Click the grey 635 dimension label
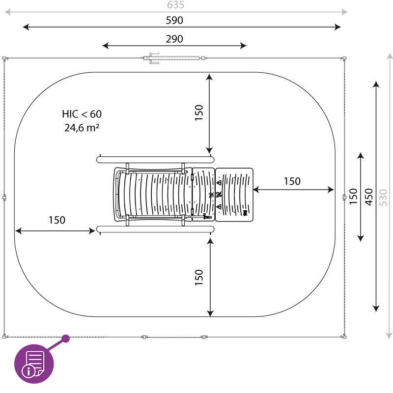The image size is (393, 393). pos(175,5)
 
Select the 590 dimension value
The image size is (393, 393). pos(174,20)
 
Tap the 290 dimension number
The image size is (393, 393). pos(174,39)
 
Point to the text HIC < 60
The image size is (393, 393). pos(82,114)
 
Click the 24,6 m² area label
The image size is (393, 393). pos(82,128)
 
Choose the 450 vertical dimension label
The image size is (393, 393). pos(369,197)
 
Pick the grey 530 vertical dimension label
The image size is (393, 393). pos(383,198)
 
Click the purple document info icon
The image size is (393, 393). pos(34,364)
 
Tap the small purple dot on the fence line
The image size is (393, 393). pos(66,339)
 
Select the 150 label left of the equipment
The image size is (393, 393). pos(57,220)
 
